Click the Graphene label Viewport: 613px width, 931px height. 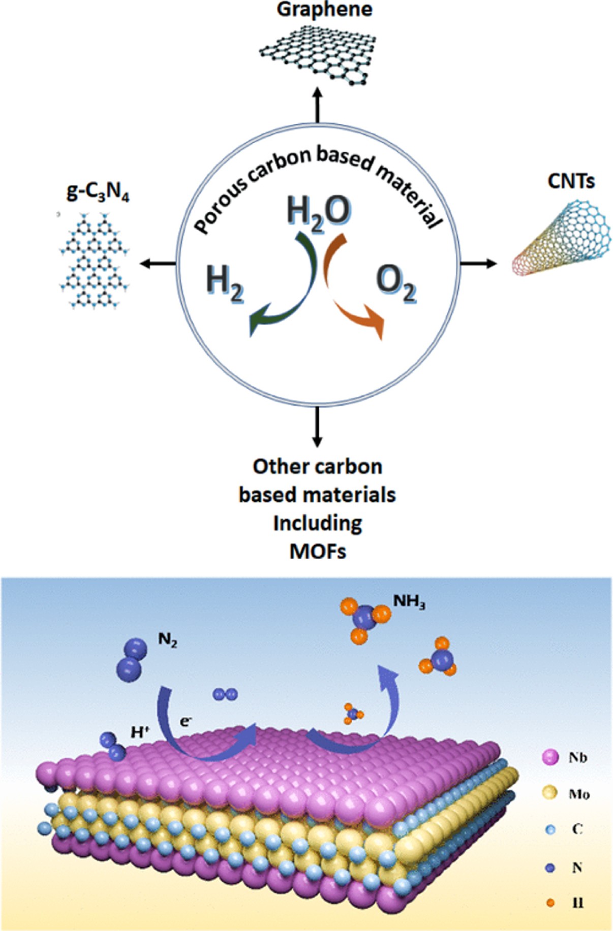[324, 10]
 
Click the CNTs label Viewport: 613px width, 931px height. [571, 181]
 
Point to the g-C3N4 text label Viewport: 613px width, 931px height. [98, 193]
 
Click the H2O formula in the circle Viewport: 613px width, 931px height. [318, 211]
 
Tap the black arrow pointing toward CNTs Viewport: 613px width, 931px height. [478, 263]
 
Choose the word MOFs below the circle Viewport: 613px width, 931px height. [318, 551]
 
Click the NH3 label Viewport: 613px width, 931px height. [409, 601]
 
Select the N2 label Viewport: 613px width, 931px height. [168, 640]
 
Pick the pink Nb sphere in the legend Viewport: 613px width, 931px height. [550, 758]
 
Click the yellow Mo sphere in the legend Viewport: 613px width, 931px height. [550, 792]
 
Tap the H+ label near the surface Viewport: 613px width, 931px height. [139, 732]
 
